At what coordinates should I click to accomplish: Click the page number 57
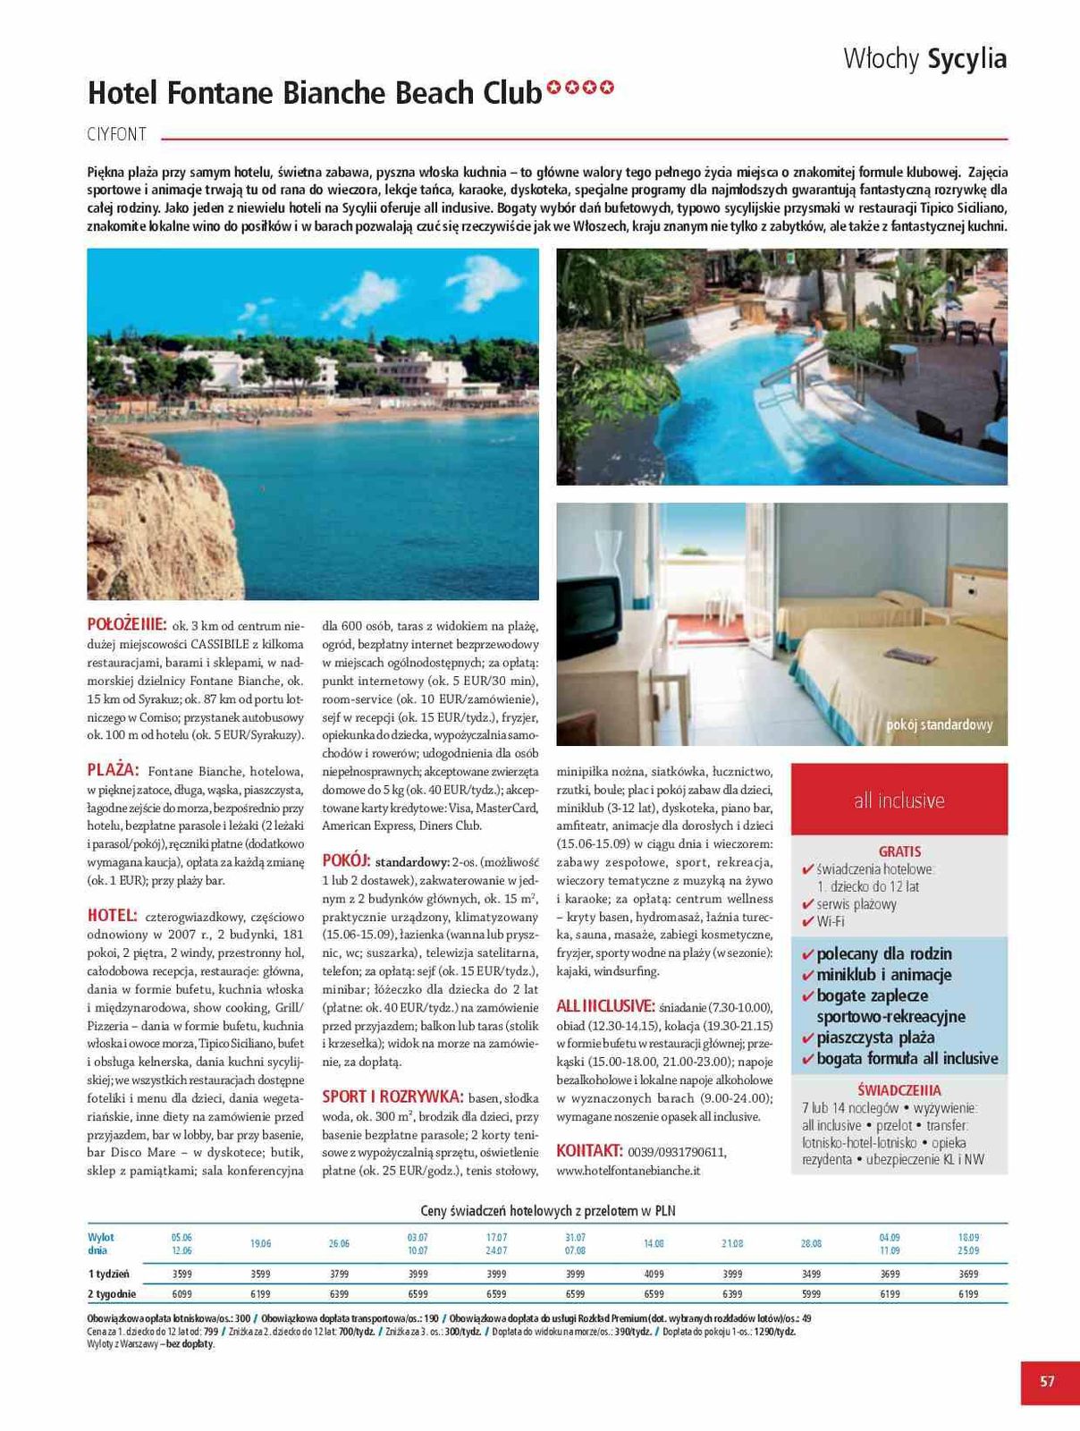(1047, 1381)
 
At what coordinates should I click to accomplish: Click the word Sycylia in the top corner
(967, 59)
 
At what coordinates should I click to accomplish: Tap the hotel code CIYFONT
(117, 135)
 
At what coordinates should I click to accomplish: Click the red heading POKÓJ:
(346, 860)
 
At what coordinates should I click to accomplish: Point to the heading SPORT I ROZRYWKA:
(392, 1097)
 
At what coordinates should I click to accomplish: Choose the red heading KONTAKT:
(589, 1150)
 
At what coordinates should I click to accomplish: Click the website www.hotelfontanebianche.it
(628, 1170)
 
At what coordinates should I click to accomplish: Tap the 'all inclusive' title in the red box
(899, 800)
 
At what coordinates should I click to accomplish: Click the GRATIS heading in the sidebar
(899, 851)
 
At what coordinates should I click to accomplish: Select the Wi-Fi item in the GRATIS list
(831, 921)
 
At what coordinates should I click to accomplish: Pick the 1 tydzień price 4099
(654, 1274)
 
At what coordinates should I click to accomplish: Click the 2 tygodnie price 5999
(811, 1293)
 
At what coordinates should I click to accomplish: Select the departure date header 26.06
(339, 1243)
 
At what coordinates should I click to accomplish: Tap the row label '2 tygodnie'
(112, 1293)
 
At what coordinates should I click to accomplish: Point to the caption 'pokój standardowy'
(939, 724)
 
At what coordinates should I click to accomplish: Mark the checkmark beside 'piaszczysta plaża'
(808, 1038)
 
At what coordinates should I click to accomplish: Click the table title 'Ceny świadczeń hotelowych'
(548, 1211)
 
